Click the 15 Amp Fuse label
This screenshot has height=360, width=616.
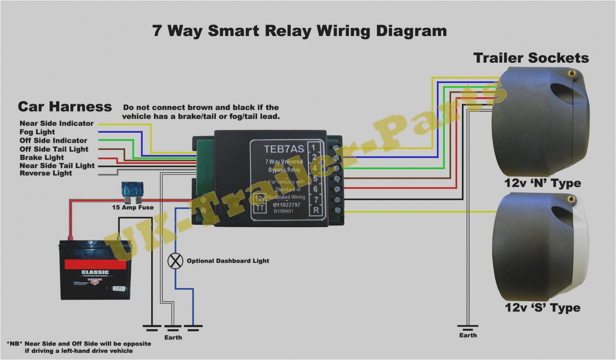133,207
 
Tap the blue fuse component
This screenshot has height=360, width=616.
133,189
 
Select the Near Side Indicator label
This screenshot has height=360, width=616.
57,123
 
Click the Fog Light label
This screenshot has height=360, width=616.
37,132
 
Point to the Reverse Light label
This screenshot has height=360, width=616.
46,173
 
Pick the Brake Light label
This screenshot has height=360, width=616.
42,157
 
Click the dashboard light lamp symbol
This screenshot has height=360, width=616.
175,261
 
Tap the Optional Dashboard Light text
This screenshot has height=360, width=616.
228,261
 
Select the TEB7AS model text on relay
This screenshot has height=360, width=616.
284,149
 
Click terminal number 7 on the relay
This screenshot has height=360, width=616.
316,200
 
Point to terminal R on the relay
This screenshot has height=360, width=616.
316,210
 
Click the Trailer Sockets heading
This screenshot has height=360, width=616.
531,58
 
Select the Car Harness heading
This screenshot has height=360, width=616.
65,107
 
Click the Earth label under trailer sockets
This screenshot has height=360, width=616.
468,335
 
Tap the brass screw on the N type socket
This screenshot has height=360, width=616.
572,72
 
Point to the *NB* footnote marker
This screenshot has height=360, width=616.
15,343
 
